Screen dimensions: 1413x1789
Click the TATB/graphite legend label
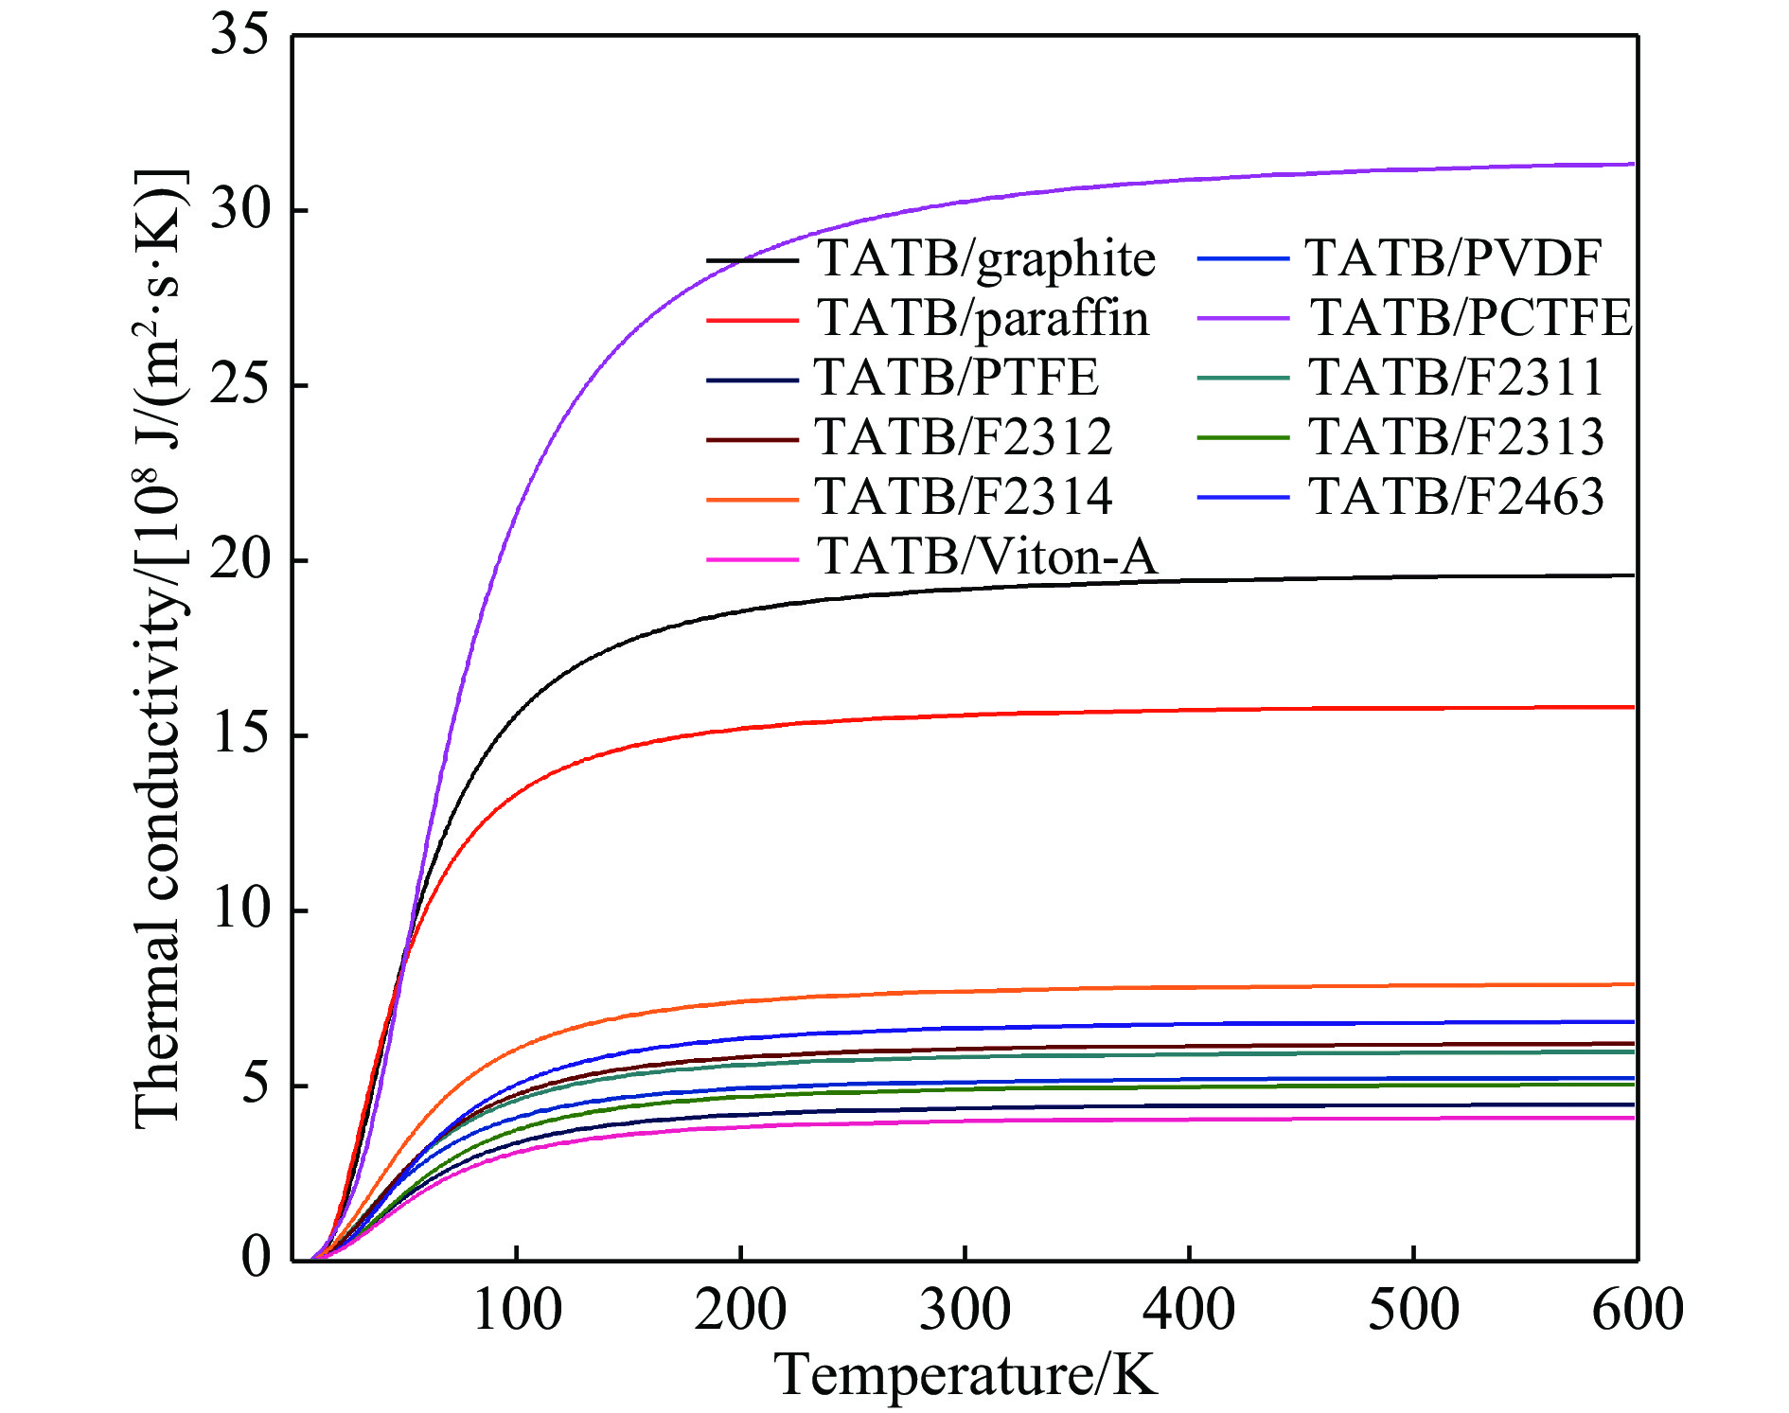(x=986, y=259)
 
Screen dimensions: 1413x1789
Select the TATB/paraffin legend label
(x=983, y=318)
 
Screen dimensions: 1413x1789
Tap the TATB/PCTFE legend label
(x=1471, y=318)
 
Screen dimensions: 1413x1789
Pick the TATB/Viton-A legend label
(x=986, y=556)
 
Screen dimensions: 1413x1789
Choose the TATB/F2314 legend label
(x=964, y=497)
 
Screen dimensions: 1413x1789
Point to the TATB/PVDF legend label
(x=1454, y=258)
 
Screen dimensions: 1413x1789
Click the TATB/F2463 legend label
(x=1457, y=497)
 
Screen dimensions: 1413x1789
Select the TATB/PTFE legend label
(x=956, y=378)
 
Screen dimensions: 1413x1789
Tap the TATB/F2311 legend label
(x=1457, y=378)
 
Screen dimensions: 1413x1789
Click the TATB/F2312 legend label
(x=964, y=437)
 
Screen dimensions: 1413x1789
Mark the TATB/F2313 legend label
(x=1457, y=437)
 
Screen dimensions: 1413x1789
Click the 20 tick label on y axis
(x=239, y=560)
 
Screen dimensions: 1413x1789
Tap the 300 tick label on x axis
(x=965, y=1311)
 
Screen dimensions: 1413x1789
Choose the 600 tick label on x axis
(x=1637, y=1311)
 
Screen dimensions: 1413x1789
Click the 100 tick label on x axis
(x=516, y=1311)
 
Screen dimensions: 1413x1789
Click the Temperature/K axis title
(x=965, y=1374)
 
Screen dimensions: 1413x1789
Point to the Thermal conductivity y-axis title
(x=159, y=649)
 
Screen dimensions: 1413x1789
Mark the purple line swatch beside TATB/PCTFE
(x=1243, y=319)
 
